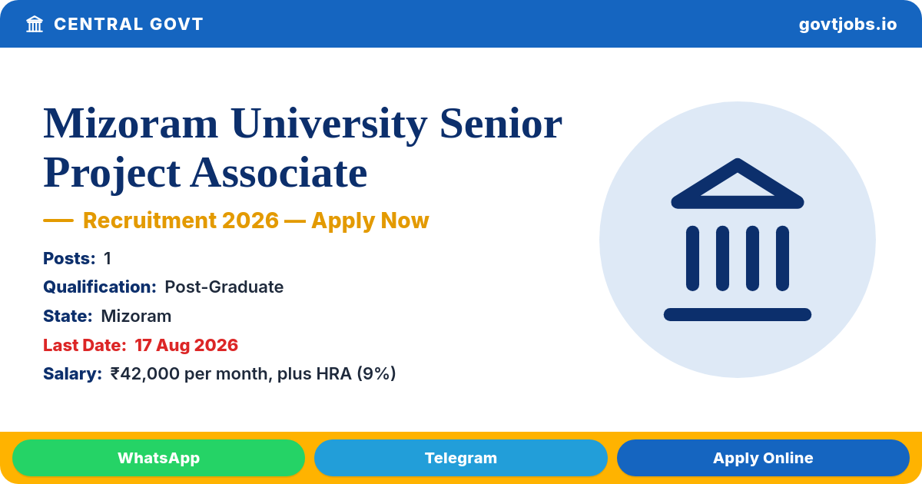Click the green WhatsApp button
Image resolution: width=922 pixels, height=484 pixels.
pyautogui.click(x=158, y=458)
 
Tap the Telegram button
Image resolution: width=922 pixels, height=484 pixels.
pyautogui.click(x=460, y=458)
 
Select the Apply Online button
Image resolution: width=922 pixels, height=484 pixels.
pyautogui.click(x=763, y=458)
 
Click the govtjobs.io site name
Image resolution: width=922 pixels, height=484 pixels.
pyautogui.click(x=847, y=25)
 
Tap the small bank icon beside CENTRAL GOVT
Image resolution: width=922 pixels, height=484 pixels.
pyautogui.click(x=35, y=25)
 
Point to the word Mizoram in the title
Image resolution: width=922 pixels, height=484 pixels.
pyautogui.click(x=131, y=124)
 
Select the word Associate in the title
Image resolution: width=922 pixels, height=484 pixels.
pyautogui.click(x=279, y=173)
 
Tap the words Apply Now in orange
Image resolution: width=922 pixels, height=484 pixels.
pyautogui.click(x=370, y=220)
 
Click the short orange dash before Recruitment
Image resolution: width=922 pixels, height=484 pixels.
pyautogui.click(x=58, y=220)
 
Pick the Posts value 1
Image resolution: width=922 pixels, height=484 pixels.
pyautogui.click(x=108, y=258)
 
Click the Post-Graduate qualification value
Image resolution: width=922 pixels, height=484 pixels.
pyautogui.click(x=224, y=287)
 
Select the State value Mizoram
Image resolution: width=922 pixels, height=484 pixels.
pyautogui.click(x=136, y=316)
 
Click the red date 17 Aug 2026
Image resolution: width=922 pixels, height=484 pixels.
pyautogui.click(x=187, y=345)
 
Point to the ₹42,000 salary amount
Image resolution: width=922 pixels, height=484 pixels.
pyautogui.click(x=145, y=373)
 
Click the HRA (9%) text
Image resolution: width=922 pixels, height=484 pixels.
pyautogui.click(x=356, y=373)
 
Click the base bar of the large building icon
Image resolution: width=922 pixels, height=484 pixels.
pyautogui.click(x=738, y=314)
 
